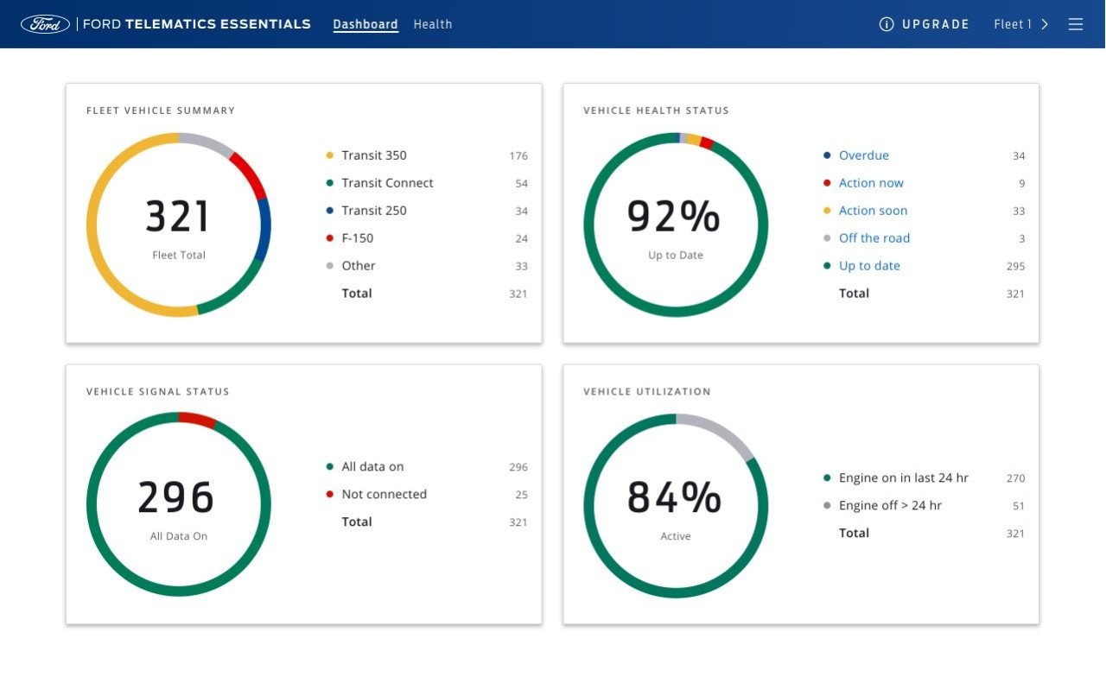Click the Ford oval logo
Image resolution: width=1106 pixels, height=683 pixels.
45,24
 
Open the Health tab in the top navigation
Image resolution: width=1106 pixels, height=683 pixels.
432,24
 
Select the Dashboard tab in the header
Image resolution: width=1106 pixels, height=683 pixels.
365,24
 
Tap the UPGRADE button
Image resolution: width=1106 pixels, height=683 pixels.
925,24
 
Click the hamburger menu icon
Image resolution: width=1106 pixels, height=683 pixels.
1076,24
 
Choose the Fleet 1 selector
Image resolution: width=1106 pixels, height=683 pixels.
1020,24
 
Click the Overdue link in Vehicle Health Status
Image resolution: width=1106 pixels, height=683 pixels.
863,155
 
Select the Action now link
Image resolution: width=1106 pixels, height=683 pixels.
871,183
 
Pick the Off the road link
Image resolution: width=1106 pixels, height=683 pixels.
874,238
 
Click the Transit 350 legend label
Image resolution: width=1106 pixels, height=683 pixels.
373,155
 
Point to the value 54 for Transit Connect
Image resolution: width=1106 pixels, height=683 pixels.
521,184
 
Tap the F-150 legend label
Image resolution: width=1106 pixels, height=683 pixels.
357,238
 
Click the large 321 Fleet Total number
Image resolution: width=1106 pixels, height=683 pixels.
178,217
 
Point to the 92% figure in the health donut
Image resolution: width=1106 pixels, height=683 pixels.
674,217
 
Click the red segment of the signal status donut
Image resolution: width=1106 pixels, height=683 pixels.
197,420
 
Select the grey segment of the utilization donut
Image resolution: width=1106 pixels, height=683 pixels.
720,431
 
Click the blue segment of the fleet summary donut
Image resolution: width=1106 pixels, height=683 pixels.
264,229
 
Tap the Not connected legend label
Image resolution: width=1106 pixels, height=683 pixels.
384,494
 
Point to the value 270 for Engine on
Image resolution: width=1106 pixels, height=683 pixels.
1015,478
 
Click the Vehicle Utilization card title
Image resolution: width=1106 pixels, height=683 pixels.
646,391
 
